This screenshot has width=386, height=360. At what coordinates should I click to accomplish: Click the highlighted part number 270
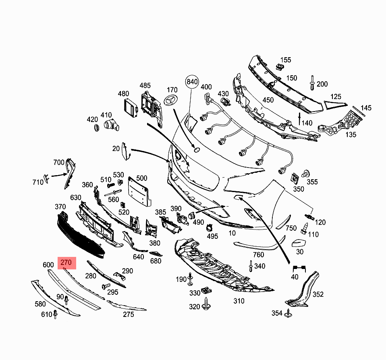pos(66,263)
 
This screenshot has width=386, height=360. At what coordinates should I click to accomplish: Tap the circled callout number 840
pos(192,82)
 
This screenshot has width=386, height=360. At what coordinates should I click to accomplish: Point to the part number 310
pos(239,301)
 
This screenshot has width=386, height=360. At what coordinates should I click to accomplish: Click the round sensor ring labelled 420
pos(97,128)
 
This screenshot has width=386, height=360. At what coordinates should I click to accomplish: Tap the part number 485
pos(145,85)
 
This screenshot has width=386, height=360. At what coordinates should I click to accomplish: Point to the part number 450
pos(268,100)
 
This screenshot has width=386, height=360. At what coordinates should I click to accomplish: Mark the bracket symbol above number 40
pos(299,268)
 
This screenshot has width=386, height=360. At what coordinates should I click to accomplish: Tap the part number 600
pos(48,265)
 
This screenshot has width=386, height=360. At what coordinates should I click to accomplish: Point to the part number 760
pos(258,254)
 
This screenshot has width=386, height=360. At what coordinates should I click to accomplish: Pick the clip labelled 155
pos(278,66)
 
